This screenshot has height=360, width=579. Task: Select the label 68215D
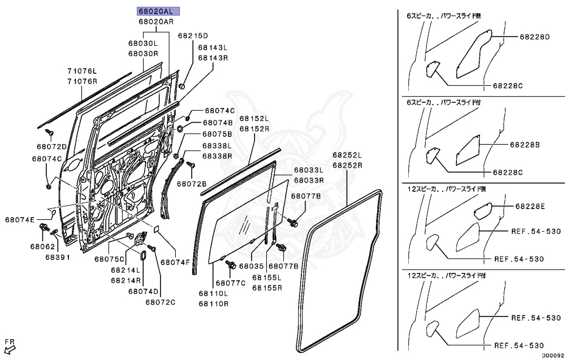pos(193,35)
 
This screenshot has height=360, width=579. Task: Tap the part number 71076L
pos(83,71)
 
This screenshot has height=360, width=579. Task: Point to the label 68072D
pos(53,147)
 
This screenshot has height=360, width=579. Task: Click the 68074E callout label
pos(20,219)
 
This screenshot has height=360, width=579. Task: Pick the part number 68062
pos(42,246)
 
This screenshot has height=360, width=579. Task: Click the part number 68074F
pos(175,262)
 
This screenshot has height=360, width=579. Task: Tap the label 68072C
pos(161,302)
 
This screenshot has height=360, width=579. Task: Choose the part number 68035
pos(252,266)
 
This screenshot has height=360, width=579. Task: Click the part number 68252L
pos(347,155)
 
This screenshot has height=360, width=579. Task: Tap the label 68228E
pos(530,206)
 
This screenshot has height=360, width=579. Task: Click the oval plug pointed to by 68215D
pos(183,86)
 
